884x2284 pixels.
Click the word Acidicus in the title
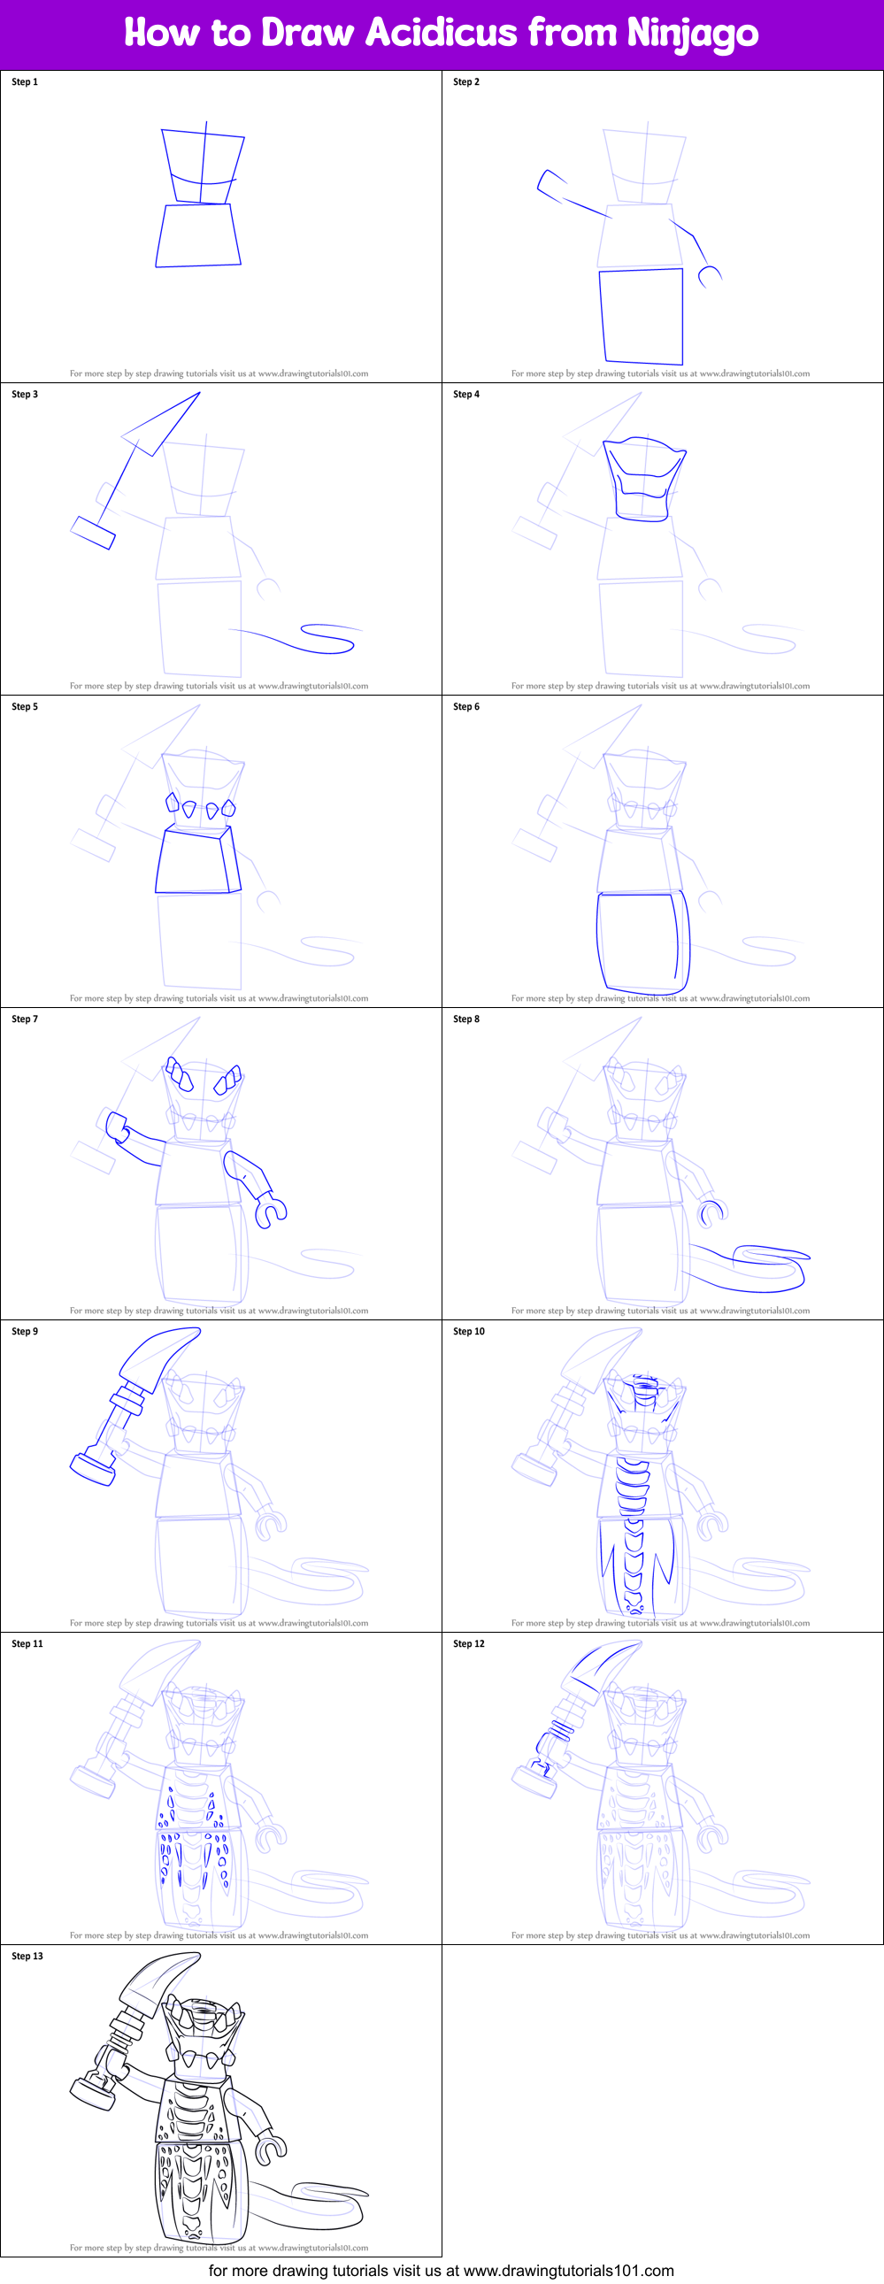(x=441, y=33)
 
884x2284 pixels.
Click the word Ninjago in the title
(x=693, y=34)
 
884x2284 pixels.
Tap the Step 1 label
(x=25, y=81)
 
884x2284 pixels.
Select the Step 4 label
(x=466, y=394)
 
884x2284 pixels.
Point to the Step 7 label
(x=25, y=1019)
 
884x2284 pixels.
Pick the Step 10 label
(x=469, y=1331)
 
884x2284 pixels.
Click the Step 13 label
(x=27, y=1955)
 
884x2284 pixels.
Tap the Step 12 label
(x=469, y=1643)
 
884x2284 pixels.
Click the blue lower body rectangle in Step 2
(x=642, y=316)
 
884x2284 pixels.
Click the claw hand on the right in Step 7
(x=270, y=1211)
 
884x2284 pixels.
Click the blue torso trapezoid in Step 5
(x=197, y=860)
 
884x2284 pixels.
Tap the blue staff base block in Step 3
(x=93, y=532)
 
